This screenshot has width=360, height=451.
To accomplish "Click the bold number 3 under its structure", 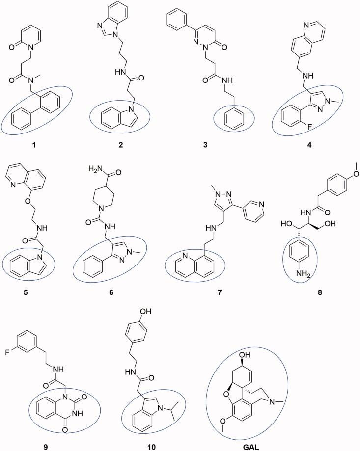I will pos(223,145).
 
